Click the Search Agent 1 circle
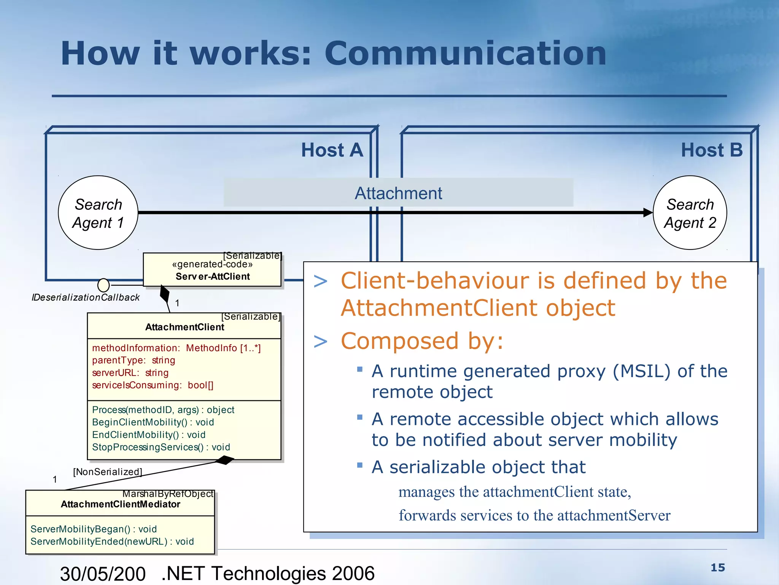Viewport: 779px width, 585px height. pyautogui.click(x=98, y=213)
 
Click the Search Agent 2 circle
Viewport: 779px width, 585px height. pyautogui.click(x=690, y=213)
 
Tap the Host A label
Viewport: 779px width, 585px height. pyautogui.click(x=332, y=150)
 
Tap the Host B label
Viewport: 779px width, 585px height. pyautogui.click(x=711, y=150)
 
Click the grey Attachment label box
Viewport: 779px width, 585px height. pyautogui.click(x=398, y=193)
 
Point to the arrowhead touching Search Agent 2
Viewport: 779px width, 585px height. pyautogui.click(x=647, y=213)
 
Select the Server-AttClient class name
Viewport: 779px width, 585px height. pyautogui.click(x=213, y=277)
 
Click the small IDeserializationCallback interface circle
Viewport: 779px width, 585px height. pyautogui.click(x=103, y=285)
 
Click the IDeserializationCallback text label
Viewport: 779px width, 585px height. pyautogui.click(x=86, y=297)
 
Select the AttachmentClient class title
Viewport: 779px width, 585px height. pyautogui.click(x=184, y=327)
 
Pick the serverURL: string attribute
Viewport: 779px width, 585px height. pyautogui.click(x=130, y=373)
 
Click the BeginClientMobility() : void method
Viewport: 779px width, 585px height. pyautogui.click(x=153, y=422)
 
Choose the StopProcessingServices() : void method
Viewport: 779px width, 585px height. pyautogui.click(x=161, y=447)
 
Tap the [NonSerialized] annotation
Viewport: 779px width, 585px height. pyautogui.click(x=107, y=472)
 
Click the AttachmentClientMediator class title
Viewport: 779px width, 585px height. pyautogui.click(x=120, y=504)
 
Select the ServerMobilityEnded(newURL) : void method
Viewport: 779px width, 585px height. pyautogui.click(x=112, y=542)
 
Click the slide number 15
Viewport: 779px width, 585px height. pyautogui.click(x=718, y=567)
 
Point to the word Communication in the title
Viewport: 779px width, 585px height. pyautogui.click(x=465, y=53)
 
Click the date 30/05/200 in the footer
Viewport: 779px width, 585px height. pyautogui.click(x=103, y=574)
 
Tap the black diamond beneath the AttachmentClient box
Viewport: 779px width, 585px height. pyautogui.click(x=224, y=460)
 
